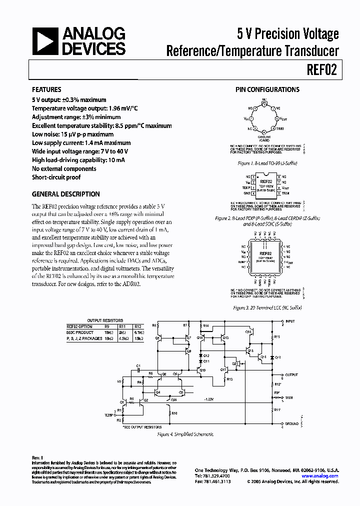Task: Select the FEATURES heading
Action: click(46, 90)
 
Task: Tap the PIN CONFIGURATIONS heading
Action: click(267, 90)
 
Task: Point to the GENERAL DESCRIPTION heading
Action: click(65, 194)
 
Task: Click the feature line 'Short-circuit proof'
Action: click(56, 177)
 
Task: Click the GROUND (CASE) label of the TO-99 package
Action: click(264, 138)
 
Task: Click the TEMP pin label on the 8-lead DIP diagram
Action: click(247, 188)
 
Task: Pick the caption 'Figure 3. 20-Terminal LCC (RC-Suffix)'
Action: click(267, 308)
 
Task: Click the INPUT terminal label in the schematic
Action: click(290, 321)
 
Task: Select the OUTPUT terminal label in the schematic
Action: click(291, 374)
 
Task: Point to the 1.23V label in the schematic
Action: click(209, 399)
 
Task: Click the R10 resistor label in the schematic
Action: click(174, 413)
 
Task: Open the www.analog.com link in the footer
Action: click(322, 476)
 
